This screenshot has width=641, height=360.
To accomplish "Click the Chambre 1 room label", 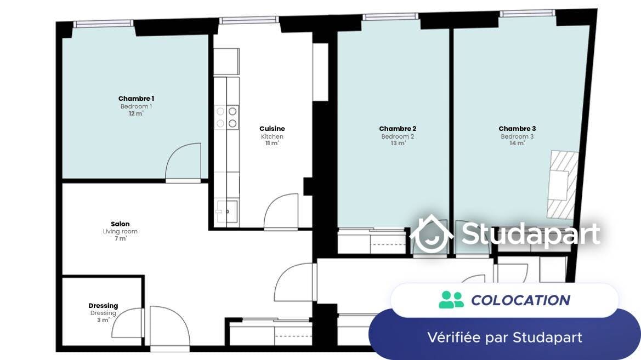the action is click(136, 99).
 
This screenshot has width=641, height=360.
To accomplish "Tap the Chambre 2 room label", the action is click(398, 129).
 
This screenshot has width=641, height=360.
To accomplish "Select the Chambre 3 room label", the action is click(517, 129).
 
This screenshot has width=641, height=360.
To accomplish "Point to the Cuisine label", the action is click(273, 129).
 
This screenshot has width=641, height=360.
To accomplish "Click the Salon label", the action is click(120, 224).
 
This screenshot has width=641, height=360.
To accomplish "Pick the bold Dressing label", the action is click(103, 306).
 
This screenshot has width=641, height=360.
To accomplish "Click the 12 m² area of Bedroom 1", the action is click(136, 113).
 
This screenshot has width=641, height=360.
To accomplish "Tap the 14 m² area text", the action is click(517, 143).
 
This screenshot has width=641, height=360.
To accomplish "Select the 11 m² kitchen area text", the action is click(273, 143).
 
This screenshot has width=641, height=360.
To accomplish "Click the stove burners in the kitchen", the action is click(226, 117).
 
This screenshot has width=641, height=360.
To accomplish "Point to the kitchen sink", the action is click(227, 212).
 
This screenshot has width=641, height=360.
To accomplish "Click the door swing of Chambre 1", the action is click(183, 162).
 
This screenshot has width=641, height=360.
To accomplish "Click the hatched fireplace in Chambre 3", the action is click(563, 185).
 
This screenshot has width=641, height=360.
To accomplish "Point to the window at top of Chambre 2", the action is click(390, 17).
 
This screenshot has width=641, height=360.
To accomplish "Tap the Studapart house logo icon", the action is click(432, 234).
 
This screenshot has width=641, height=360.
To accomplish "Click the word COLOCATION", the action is click(520, 300).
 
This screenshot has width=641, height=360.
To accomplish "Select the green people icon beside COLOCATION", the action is click(451, 300).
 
